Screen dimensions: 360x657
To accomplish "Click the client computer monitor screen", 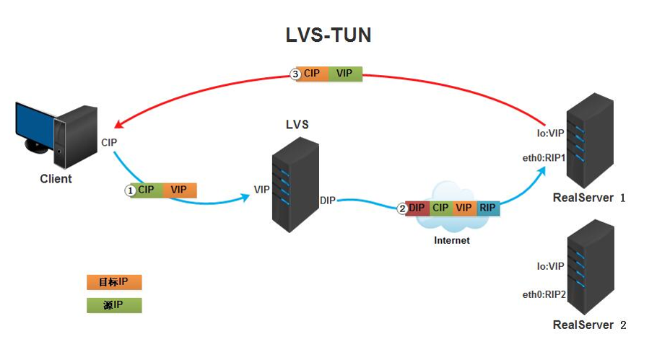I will point(35,124).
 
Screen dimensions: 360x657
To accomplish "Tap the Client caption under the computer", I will point(56,178).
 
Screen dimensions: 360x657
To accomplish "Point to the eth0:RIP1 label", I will point(544,158).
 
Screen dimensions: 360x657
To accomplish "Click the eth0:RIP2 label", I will point(544,294).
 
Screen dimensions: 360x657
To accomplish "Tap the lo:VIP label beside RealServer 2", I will point(550,266).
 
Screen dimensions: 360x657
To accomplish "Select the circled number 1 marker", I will point(131,190).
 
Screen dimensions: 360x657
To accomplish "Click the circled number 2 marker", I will point(402,208).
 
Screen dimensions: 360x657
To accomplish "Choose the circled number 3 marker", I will point(295,74).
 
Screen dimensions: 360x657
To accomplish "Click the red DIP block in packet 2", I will point(417,208).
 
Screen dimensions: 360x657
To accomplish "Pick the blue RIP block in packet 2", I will point(487,208).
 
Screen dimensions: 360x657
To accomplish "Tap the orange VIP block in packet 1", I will point(178,190).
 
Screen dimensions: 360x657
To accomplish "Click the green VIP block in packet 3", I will point(344,74).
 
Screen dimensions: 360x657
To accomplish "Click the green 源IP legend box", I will point(113,305).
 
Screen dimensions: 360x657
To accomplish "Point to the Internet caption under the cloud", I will point(451,240).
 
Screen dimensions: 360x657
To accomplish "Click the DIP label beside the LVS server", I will point(327,200).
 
